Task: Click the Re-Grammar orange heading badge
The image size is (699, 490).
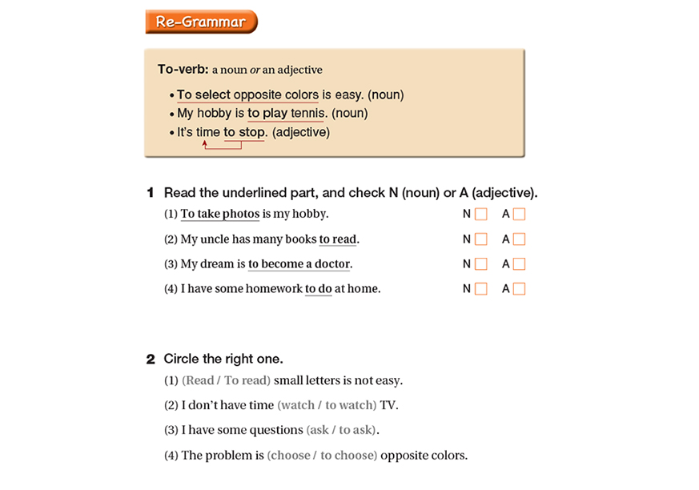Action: click(201, 22)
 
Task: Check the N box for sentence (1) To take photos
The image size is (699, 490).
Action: click(481, 214)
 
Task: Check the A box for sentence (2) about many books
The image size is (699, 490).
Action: click(519, 239)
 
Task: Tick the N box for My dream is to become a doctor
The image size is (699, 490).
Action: click(481, 263)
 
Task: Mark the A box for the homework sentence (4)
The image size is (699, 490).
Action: click(519, 289)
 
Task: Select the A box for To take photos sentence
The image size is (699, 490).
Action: click(519, 214)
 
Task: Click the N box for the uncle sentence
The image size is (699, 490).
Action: click(481, 239)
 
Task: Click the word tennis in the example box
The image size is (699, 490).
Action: click(309, 113)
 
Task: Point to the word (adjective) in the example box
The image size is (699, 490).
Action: click(301, 132)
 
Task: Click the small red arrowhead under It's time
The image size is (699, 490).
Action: click(205, 144)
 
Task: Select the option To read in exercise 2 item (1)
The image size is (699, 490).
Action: click(247, 380)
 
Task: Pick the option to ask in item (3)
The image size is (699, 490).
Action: click(356, 430)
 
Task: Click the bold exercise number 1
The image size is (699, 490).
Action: click(150, 193)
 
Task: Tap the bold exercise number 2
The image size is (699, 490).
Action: click(150, 359)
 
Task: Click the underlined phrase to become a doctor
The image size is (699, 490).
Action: click(299, 263)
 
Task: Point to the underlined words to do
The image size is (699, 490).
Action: click(318, 289)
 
